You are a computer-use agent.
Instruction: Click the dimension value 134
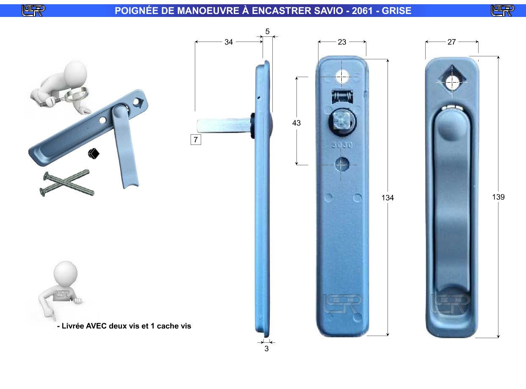tap(388, 197)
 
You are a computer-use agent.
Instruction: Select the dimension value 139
tap(498, 197)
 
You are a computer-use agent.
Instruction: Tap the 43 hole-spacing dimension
tap(296, 123)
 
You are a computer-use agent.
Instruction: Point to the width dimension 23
tap(342, 42)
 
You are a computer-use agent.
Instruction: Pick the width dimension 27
tap(451, 42)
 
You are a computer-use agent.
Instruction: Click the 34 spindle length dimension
tap(229, 42)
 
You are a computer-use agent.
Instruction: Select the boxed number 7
tap(196, 139)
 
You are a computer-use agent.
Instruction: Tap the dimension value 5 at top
tap(268, 31)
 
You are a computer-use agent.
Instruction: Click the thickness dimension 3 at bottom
tap(266, 348)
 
